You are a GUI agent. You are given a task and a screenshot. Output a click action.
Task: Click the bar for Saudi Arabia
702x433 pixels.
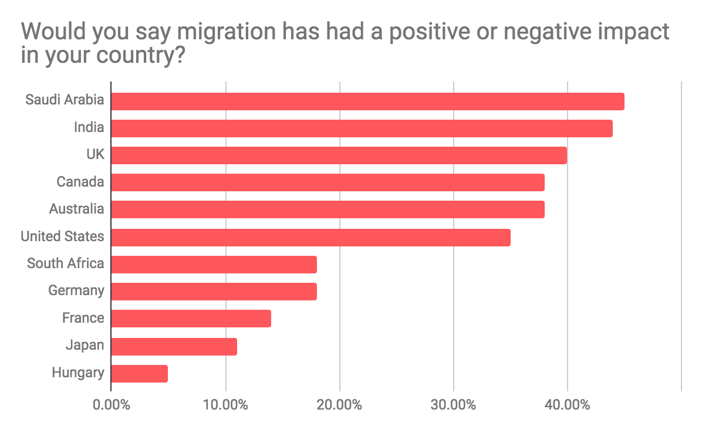(x=367, y=102)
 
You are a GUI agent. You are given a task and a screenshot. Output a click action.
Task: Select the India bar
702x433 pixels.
(x=362, y=128)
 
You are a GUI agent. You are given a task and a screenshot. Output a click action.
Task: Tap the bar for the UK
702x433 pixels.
(x=339, y=155)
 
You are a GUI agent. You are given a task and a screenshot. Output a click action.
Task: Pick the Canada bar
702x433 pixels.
(x=328, y=182)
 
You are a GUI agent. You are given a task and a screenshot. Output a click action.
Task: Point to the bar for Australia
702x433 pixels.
(x=328, y=209)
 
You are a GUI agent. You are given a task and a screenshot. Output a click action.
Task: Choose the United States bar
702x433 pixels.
(x=310, y=237)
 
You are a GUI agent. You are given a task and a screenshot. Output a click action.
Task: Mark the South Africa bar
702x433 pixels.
(x=214, y=264)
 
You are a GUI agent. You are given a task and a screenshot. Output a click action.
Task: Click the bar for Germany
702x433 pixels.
(x=214, y=292)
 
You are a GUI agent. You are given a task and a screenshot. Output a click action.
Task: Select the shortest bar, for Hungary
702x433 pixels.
(x=139, y=373)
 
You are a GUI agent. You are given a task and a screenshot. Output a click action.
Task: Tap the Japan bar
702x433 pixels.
(x=174, y=346)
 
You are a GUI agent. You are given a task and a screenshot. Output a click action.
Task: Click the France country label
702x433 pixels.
(x=83, y=318)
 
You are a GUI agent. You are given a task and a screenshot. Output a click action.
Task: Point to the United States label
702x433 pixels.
(x=62, y=236)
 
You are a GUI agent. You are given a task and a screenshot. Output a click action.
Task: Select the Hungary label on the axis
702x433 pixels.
(x=77, y=373)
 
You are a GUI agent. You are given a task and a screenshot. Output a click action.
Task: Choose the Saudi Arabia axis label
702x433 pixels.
(x=65, y=100)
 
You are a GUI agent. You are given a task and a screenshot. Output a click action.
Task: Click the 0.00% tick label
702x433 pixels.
(x=111, y=405)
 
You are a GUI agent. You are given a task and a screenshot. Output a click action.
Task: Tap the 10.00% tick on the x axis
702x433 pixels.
(x=225, y=405)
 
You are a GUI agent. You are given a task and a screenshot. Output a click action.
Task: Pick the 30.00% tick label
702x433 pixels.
(x=453, y=405)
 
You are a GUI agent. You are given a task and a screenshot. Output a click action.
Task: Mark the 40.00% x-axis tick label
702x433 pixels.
(x=567, y=405)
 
